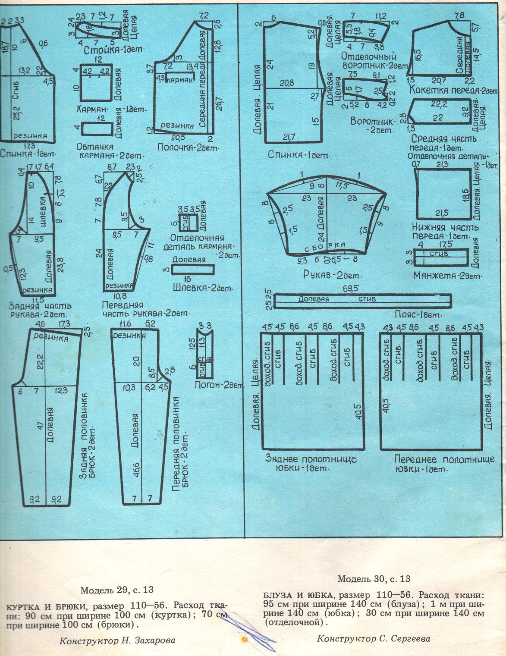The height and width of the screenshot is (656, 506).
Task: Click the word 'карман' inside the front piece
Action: [x=179, y=81]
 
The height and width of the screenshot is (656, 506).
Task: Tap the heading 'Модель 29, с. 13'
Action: [x=117, y=590]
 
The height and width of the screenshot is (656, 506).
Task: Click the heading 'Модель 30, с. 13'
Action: [x=374, y=578]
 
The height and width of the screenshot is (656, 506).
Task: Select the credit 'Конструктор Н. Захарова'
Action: [x=118, y=640]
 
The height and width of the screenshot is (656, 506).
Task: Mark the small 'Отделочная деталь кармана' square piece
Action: [x=188, y=223]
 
